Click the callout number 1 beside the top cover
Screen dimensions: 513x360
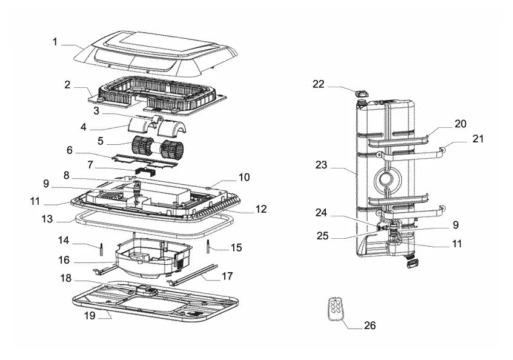[55, 42]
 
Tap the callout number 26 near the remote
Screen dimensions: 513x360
[369, 325]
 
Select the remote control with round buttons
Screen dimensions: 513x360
[336, 308]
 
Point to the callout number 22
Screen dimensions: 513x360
[319, 84]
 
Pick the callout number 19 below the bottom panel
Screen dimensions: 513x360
[90, 316]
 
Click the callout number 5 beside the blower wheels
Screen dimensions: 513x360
[101, 141]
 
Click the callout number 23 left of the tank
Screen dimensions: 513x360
[321, 165]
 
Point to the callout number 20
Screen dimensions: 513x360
[460, 124]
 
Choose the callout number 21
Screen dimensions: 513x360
[478, 139]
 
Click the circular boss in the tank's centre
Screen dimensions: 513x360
[387, 179]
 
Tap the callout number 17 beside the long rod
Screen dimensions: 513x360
[227, 276]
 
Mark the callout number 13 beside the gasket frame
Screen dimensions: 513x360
[47, 219]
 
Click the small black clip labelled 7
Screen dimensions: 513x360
[146, 170]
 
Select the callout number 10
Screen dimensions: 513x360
[244, 178]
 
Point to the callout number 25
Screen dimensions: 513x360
[322, 236]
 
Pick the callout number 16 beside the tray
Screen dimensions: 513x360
[64, 260]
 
